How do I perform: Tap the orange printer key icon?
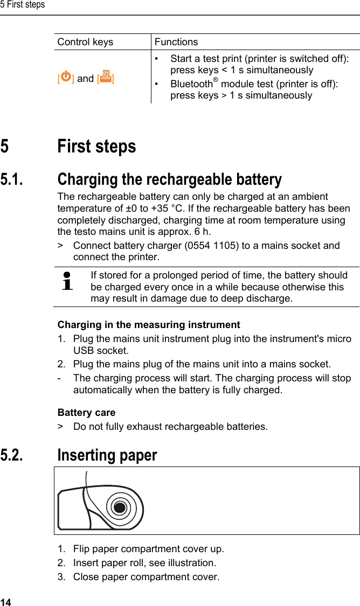tap(106, 78)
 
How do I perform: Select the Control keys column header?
tap(85, 42)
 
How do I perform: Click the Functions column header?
tap(176, 42)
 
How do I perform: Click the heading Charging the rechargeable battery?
tap(169, 179)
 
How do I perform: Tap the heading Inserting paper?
tap(107, 455)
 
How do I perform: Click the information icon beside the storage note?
tap(67, 281)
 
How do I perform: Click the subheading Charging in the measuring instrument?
tap(149, 325)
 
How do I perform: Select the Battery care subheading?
tap(86, 413)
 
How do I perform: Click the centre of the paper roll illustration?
tap(120, 507)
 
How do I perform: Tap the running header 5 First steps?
tap(23, 5)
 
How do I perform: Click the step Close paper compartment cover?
tap(146, 577)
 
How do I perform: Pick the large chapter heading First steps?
tap(96, 147)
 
